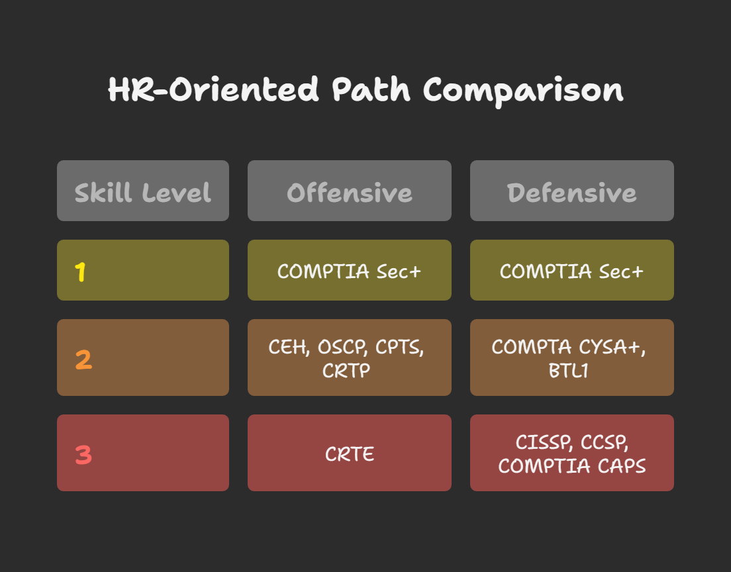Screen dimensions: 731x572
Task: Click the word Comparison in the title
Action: point(523,91)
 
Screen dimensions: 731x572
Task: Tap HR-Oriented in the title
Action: point(213,89)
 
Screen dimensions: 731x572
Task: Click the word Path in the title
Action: point(371,89)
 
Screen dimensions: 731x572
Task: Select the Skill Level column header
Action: point(142,191)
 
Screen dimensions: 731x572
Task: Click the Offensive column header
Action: point(349,191)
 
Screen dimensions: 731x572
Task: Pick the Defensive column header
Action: point(571,191)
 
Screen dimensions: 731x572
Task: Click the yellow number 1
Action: point(80,271)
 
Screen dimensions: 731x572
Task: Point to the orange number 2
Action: point(83,359)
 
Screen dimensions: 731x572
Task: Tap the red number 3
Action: point(83,455)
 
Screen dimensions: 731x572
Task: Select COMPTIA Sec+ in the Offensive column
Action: point(349,271)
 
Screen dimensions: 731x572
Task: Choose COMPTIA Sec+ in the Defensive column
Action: point(571,271)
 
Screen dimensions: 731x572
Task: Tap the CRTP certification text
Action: point(346,371)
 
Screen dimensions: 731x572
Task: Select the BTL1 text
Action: point(568,371)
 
